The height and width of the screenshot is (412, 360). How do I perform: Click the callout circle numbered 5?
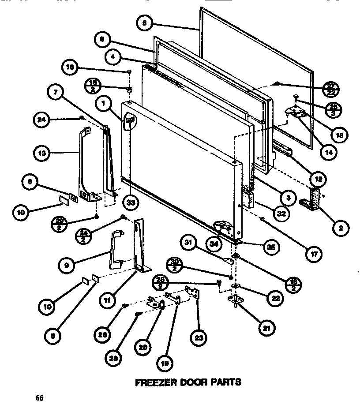click(143, 23)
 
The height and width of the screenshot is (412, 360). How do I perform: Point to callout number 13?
click(41, 153)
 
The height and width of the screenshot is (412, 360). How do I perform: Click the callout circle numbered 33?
click(131, 203)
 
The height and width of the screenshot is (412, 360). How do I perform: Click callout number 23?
click(197, 339)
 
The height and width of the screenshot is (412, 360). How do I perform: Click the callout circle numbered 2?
click(341, 228)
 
